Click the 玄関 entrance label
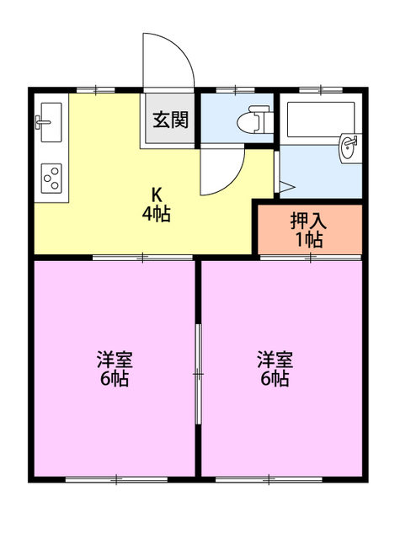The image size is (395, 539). pyautogui.click(x=170, y=120)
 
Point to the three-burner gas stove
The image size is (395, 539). pyautogui.click(x=51, y=178)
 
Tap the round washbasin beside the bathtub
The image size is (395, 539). pyautogui.click(x=349, y=149)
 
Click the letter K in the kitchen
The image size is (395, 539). pyautogui.click(x=156, y=191)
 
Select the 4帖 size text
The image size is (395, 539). pyautogui.click(x=156, y=214)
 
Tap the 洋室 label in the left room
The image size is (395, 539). pyautogui.click(x=114, y=360)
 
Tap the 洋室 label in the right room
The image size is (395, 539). pyautogui.click(x=275, y=360)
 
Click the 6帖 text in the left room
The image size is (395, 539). pyautogui.click(x=114, y=380)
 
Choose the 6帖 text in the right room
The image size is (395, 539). pyautogui.click(x=275, y=380)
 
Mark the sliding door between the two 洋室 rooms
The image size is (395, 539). pyautogui.click(x=198, y=371)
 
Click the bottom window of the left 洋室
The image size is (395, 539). pyautogui.click(x=114, y=480)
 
